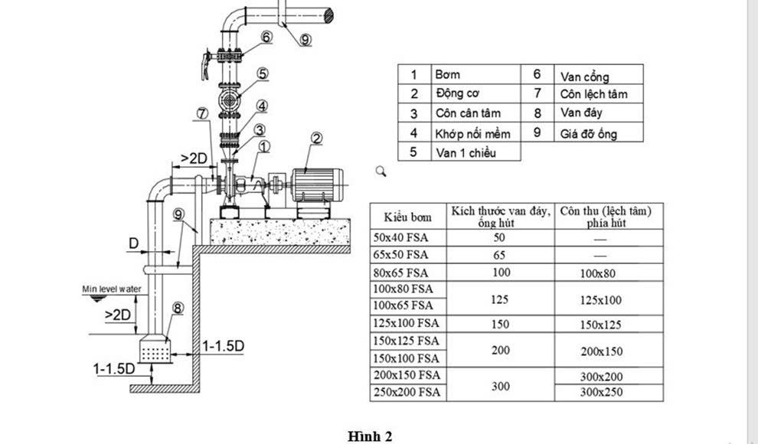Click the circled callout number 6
[266, 38]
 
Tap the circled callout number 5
[263, 74]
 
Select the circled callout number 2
[316, 139]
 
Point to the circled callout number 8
[178, 308]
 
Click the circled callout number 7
[202, 113]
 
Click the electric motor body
[317, 185]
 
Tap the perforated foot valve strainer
[155, 350]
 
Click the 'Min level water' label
[112, 289]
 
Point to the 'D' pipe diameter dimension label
[134, 243]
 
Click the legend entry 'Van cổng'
[584, 77]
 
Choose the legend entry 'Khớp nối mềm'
[472, 134]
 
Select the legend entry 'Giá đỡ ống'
[588, 133]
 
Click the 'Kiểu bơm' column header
[407, 217]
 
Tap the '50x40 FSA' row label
[400, 238]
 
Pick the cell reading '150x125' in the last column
[600, 325]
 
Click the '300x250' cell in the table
[601, 392]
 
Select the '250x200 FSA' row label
[407, 392]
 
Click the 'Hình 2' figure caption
[370, 436]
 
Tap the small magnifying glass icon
[381, 171]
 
